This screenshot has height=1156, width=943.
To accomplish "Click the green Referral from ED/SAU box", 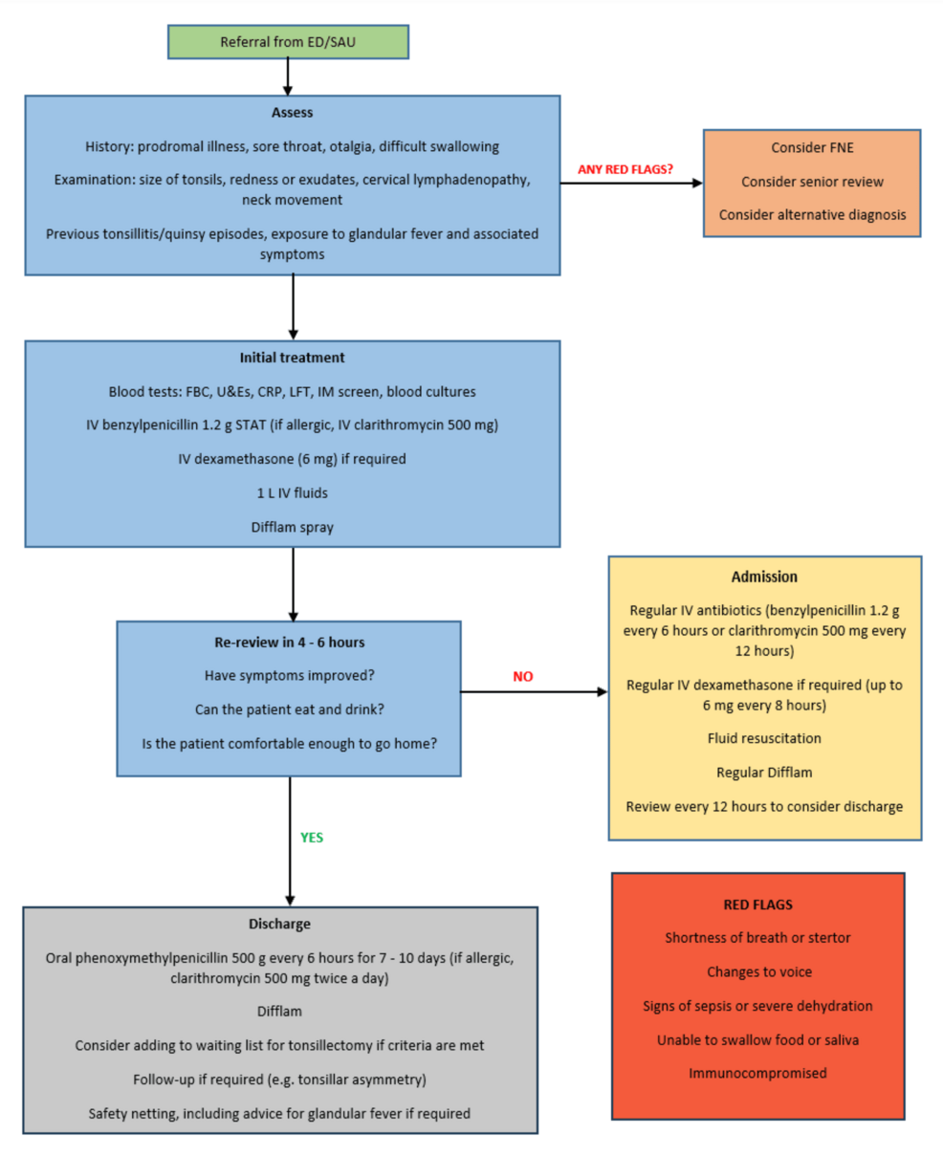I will click(x=288, y=42).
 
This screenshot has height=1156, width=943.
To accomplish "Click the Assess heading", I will click(x=292, y=113).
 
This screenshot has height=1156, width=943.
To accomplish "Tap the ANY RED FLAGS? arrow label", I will click(x=625, y=169).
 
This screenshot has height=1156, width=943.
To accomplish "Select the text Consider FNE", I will click(x=812, y=147).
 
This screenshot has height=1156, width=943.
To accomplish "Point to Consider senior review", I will click(x=812, y=182).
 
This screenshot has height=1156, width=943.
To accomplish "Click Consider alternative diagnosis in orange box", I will click(x=812, y=215).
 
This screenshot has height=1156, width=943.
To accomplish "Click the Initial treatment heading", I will click(x=292, y=358).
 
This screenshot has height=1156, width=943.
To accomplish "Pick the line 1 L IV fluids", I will click(x=292, y=493).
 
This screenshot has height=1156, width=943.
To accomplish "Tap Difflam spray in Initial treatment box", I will click(x=292, y=527).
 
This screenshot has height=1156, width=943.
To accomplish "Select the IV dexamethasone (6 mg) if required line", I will click(x=292, y=459).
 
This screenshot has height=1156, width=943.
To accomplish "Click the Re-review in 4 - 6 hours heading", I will click(x=289, y=643).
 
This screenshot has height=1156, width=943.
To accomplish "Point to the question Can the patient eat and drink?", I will click(x=289, y=709).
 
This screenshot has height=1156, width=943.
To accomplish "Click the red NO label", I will click(x=522, y=676).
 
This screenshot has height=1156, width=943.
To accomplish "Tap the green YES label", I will click(x=312, y=838).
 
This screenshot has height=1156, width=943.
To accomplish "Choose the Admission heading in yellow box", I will click(x=764, y=577).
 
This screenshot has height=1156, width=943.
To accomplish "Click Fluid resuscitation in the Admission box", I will click(x=764, y=738).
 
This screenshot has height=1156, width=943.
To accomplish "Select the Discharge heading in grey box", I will click(x=279, y=924).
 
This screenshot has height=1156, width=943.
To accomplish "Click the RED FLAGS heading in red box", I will click(x=757, y=905).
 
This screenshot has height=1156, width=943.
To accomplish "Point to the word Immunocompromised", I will click(x=757, y=1073).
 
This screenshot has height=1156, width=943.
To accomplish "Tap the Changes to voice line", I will click(x=758, y=971).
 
